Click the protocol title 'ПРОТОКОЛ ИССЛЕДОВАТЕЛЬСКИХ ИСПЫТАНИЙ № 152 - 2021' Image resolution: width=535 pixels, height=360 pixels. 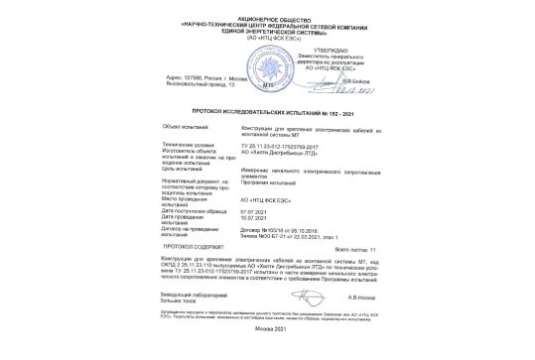coord(267,114)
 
